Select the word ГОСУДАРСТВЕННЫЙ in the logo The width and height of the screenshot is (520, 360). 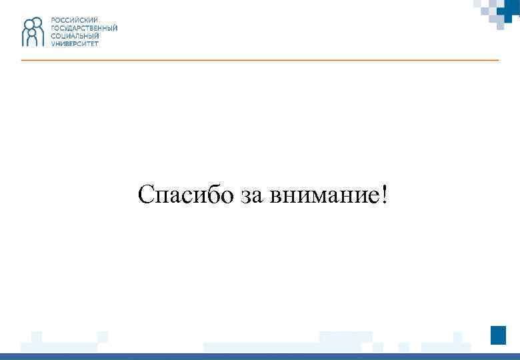point(84,29)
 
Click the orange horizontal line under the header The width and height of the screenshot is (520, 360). point(260,60)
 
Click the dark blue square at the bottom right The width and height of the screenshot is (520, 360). point(498,335)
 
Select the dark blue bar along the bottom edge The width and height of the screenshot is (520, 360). point(260,356)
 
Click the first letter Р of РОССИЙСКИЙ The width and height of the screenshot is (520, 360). point(53,21)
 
